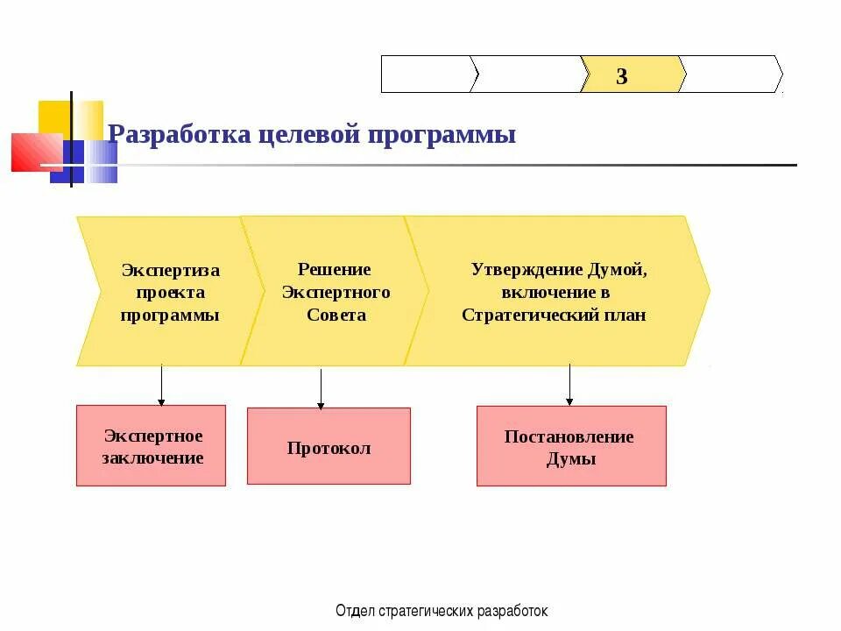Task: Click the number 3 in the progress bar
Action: (622, 76)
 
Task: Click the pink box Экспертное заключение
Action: (152, 445)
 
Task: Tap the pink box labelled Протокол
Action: (329, 446)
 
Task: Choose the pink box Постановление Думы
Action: (571, 446)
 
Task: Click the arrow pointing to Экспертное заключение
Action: (161, 386)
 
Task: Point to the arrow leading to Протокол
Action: (321, 388)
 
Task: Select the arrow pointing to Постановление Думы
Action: (569, 386)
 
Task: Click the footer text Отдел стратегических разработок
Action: (442, 611)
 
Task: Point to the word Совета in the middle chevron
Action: (336, 315)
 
